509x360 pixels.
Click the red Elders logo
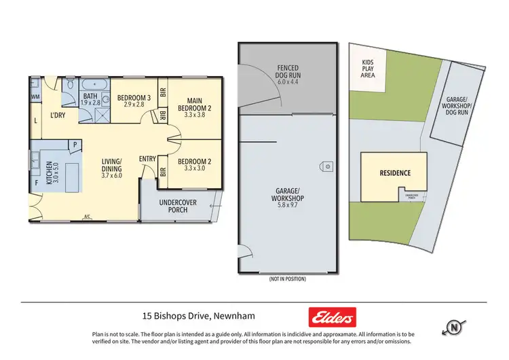[332, 317]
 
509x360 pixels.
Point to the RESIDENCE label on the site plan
[395, 173]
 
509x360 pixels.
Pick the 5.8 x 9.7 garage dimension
[286, 204]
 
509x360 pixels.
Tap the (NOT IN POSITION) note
[287, 279]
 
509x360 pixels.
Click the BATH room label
[90, 96]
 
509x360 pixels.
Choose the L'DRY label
[58, 115]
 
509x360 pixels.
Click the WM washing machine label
[35, 97]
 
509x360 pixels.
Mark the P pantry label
[74, 144]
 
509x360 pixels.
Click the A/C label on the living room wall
[87, 217]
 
